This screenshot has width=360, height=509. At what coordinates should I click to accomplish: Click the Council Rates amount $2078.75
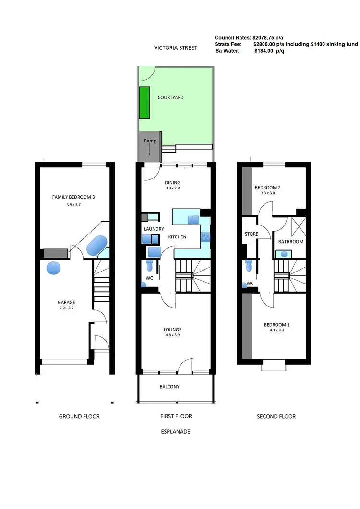pos(267,37)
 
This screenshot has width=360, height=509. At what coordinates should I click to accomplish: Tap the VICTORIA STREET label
pos(176,48)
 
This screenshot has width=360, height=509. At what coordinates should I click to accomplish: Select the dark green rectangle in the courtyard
pos(144,103)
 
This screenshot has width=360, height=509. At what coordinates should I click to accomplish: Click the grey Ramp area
pos(147,147)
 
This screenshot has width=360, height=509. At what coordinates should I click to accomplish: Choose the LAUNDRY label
pos(154,229)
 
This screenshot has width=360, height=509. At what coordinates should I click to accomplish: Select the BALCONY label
pos(169,386)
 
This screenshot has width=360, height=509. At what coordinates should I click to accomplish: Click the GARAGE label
pos(66,302)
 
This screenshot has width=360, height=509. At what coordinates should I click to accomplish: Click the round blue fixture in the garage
pos(54,268)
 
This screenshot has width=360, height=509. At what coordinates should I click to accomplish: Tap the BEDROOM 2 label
pos(268,187)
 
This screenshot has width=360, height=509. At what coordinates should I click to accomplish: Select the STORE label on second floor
pos(252,234)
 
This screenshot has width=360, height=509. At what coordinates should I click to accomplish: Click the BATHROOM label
pos(291,241)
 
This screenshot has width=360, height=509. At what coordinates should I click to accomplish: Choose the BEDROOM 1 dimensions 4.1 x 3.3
pos(276,331)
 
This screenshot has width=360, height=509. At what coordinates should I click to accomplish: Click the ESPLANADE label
pos(176,431)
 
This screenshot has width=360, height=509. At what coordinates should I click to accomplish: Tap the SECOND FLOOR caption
pos(276,416)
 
